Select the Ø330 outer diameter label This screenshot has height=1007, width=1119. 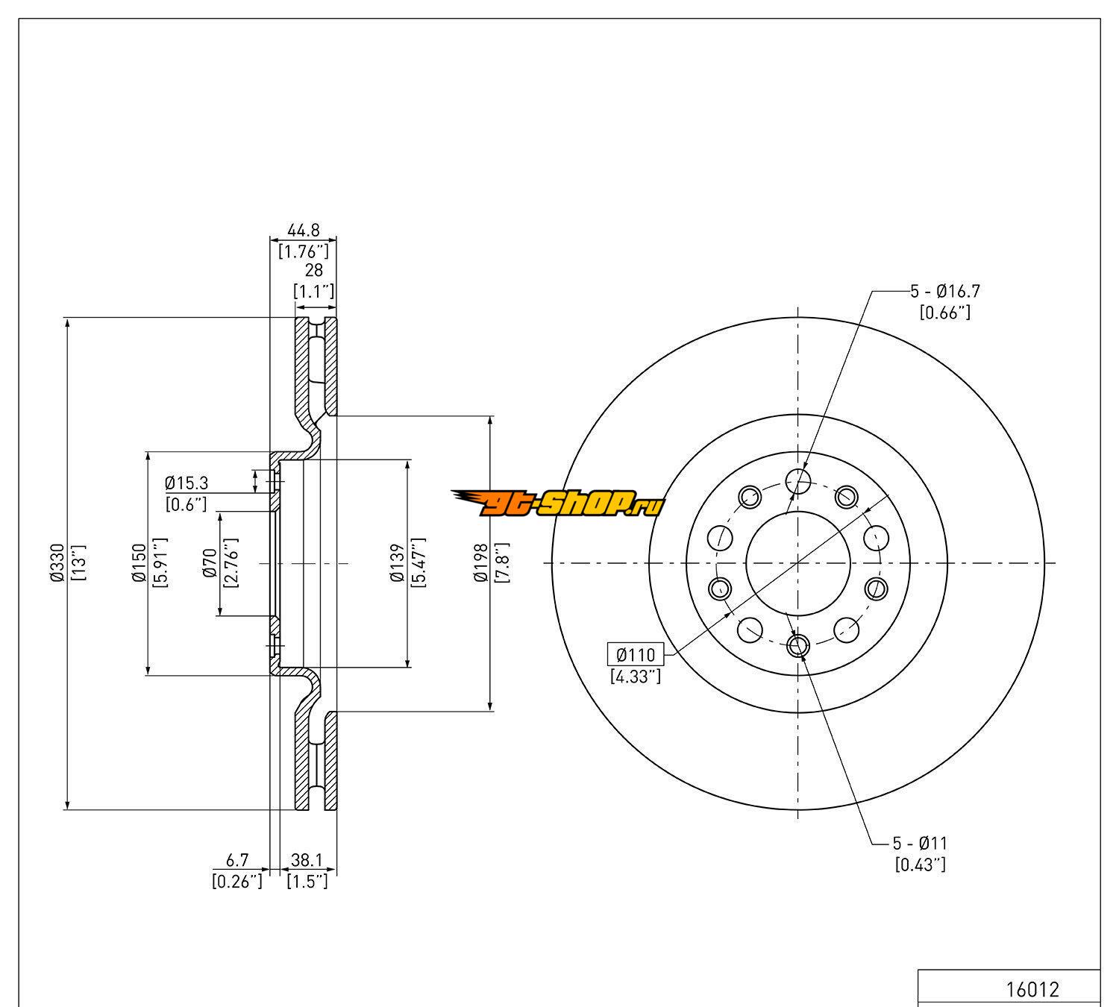tap(57, 564)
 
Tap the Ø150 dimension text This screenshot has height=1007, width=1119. tap(138, 564)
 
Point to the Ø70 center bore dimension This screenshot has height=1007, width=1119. tap(210, 563)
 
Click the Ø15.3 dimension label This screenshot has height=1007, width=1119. tap(186, 483)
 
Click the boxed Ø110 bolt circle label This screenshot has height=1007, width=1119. tap(635, 655)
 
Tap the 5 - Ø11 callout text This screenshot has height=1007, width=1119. tap(920, 844)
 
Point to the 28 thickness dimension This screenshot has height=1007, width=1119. tap(313, 270)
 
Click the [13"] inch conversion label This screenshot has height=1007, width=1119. tap(80, 564)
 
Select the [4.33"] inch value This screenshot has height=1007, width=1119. tap(635, 677)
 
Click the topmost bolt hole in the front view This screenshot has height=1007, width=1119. tap(798, 481)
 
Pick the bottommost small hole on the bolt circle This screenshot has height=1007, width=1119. tap(798, 644)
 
